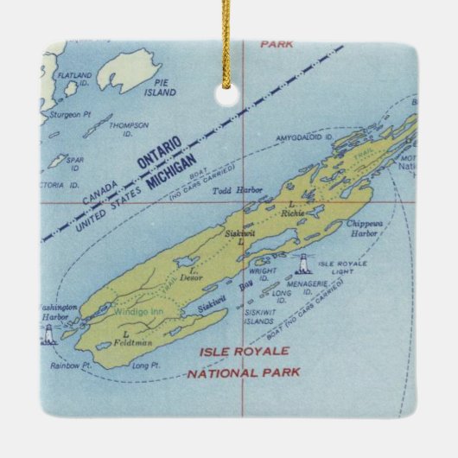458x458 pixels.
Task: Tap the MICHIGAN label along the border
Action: (x=172, y=169)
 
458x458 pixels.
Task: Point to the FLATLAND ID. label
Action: (x=73, y=80)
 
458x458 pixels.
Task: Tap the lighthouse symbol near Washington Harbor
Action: (x=48, y=333)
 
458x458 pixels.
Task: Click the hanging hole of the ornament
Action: (x=229, y=84)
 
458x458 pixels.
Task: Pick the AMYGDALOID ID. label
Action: (x=305, y=137)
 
